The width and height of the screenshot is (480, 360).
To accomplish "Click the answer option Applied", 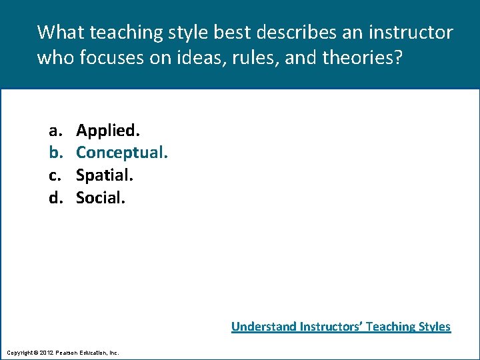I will pyautogui.click(x=107, y=129).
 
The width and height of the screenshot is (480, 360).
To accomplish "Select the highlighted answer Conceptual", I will pyautogui.click(x=121, y=152).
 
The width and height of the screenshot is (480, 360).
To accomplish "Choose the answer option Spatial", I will pyautogui.click(x=105, y=175).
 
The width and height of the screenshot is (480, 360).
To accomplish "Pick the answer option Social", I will pyautogui.click(x=100, y=197).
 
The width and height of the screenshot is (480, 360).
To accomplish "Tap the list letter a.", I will pyautogui.click(x=53, y=130).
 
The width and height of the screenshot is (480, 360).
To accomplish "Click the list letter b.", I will pyautogui.click(x=53, y=152).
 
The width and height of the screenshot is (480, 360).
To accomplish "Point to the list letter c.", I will pyautogui.click(x=53, y=175).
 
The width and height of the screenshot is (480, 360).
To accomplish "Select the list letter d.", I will pyautogui.click(x=53, y=197).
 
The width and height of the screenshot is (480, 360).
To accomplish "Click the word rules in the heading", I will pyautogui.click(x=257, y=58).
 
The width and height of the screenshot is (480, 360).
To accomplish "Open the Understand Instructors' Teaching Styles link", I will pyautogui.click(x=341, y=327).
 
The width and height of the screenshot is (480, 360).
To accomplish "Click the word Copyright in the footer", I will pyautogui.click(x=19, y=352).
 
